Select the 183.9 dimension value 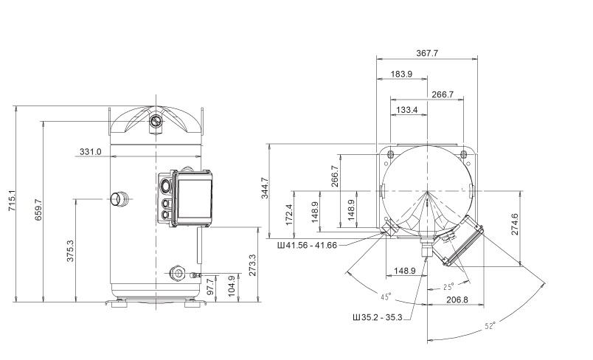(400, 75)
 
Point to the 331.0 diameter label (90, 152)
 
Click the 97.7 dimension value (212, 285)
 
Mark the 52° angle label (491, 325)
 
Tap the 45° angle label (384, 297)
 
